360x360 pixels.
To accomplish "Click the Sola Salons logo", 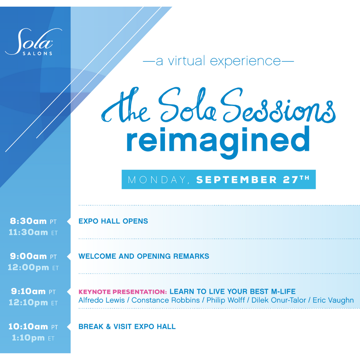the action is tap(34, 42).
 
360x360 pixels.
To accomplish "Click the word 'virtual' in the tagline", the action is tap(186, 61).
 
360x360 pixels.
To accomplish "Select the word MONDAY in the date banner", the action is tap(157, 180).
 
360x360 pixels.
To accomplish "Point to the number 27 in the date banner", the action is tap(290, 180).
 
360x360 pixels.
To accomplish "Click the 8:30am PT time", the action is tap(33, 221).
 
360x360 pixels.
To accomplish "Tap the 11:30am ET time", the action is tap(33, 233).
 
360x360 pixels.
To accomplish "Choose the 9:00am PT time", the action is tap(33, 256).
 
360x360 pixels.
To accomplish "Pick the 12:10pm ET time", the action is tap(33, 303).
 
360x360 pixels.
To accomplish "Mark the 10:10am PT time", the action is tap(33, 327).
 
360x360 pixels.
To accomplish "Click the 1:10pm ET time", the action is tap(33, 338).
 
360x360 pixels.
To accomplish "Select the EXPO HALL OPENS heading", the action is tap(113, 221).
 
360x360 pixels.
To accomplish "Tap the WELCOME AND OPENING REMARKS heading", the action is tap(144, 256).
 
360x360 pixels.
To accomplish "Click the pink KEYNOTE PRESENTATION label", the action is tap(123, 292).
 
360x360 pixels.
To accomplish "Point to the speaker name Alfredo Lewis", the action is tap(101, 300).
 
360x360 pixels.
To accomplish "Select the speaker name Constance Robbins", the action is tap(166, 300).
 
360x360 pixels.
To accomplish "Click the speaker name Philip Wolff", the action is tap(226, 301).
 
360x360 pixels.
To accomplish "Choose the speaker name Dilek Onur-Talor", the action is tap(279, 300).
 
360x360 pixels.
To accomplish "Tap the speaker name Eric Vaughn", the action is tap(333, 301).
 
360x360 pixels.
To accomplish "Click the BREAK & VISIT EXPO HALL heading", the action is tap(127, 326).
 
